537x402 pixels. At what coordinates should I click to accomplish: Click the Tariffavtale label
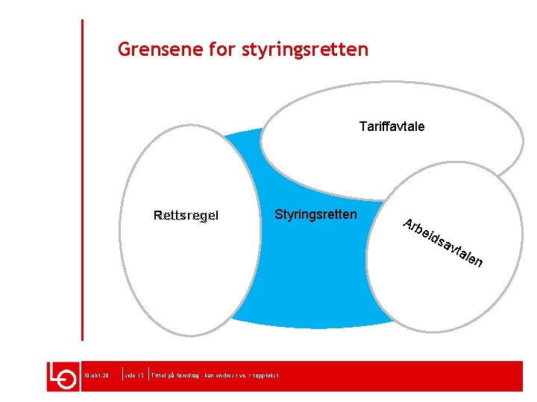coord(392,127)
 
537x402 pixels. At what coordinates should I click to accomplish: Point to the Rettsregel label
coord(186,216)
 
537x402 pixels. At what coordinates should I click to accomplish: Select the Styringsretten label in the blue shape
coord(315,214)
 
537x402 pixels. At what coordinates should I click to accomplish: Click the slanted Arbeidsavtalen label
coord(443,243)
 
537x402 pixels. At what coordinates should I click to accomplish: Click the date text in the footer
coord(96,377)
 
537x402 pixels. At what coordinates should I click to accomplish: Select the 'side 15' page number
coord(135,377)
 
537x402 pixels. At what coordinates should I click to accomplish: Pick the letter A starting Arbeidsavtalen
coord(408,223)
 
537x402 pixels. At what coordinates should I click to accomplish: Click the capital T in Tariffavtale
coord(362,127)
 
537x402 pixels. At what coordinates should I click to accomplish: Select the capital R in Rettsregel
coord(157,216)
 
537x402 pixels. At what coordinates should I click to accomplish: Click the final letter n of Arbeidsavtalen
coord(479,262)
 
